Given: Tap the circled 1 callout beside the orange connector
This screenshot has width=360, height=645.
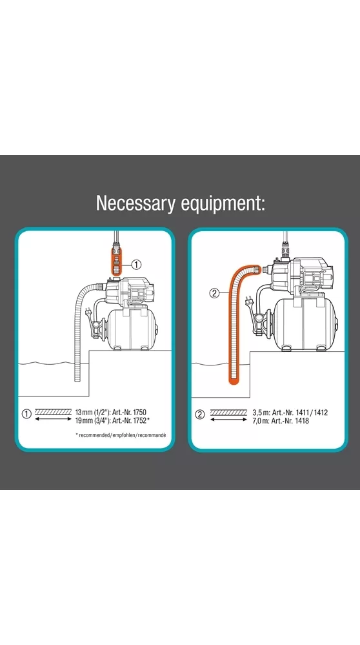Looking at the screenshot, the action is pos(136,265).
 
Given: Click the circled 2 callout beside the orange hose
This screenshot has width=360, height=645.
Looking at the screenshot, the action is pos(214,293).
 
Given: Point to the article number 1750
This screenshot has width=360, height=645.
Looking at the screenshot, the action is pos(140,412).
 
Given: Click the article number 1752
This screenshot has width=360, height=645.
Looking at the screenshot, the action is pos(140,420).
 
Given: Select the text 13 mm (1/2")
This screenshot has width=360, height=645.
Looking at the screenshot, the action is pos(93,412).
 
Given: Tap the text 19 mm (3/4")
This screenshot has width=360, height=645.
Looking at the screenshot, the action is pos(93,420).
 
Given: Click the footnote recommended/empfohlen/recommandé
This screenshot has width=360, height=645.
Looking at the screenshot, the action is pos(123,435).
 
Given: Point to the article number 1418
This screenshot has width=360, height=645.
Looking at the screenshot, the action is pos(302,421).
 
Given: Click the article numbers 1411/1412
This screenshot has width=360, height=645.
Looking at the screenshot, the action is pos(312,413).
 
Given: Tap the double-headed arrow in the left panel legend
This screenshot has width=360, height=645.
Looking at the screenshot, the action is pos(54,419).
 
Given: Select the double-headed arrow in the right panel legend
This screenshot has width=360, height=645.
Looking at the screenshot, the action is pos(228,420).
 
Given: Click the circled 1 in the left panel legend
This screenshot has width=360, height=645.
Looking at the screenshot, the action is pos(26,415).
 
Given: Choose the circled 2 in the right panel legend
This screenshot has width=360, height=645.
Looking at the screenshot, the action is pos(199,415).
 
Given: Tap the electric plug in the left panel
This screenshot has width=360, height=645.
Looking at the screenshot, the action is pos(88,314).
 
